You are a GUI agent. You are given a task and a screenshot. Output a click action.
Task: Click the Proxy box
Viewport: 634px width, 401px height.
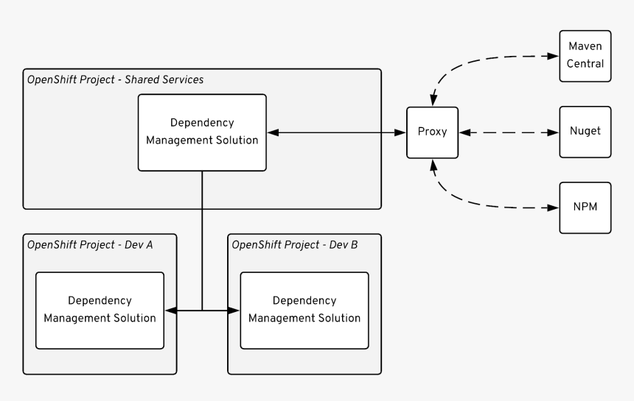(433, 132)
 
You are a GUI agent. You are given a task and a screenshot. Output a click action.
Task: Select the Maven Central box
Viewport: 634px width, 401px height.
(585, 55)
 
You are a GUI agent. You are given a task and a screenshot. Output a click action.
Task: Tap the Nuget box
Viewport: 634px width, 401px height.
(585, 132)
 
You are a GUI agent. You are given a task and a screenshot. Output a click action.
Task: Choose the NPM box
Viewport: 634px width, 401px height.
(585, 207)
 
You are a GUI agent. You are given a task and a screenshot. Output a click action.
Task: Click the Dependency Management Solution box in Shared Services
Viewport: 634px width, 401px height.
(203, 132)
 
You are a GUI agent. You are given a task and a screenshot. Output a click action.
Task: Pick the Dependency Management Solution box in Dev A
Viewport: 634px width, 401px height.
(100, 310)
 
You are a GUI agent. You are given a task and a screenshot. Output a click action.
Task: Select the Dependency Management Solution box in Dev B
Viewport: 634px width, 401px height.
(304, 310)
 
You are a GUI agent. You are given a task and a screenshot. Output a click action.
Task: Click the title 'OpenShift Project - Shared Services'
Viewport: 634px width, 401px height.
(115, 79)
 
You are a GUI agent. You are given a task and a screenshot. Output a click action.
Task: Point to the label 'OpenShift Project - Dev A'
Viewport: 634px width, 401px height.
(90, 244)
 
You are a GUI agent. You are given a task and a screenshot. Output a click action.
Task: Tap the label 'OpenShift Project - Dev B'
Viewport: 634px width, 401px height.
(295, 244)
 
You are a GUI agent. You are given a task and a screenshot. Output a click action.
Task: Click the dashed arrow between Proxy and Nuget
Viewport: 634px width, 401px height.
(509, 132)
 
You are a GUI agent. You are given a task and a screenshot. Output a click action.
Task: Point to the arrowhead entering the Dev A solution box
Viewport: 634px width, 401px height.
(170, 310)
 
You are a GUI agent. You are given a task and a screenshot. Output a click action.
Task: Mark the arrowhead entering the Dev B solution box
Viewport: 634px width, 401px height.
(235, 310)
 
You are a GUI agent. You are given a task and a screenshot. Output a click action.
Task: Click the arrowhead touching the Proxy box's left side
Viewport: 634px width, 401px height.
(402, 132)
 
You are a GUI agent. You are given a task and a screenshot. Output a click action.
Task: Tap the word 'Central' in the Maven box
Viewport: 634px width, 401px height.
(585, 63)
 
